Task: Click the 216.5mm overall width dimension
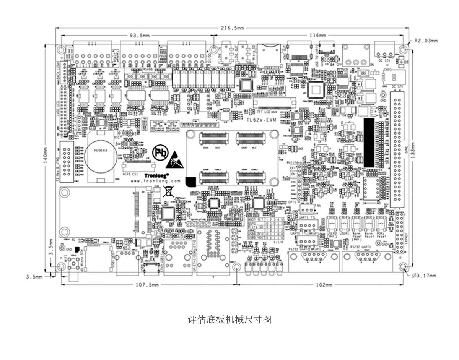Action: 232,28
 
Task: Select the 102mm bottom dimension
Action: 324,285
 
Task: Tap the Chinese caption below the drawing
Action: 229,319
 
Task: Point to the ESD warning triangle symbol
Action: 175,161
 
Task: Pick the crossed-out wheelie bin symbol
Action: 167,191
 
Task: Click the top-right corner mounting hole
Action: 403,50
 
